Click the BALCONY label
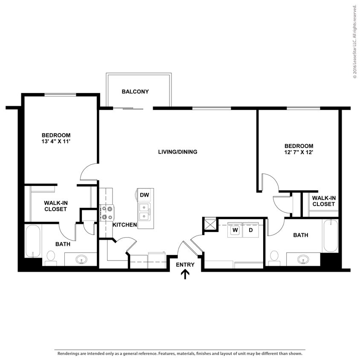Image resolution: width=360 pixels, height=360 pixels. click(135, 91)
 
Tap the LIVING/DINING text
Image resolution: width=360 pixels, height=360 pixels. click(177, 152)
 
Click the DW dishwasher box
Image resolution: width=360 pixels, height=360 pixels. click(144, 195)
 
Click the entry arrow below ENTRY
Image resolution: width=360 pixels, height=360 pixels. click(185, 274)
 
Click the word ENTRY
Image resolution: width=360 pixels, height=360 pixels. click(185, 264)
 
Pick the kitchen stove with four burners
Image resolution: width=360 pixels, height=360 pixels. click(106, 212)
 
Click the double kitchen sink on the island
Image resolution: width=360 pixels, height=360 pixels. click(144, 211)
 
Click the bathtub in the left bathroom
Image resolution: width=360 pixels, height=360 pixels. click(33, 241)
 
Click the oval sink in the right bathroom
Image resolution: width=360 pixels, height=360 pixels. click(303, 259)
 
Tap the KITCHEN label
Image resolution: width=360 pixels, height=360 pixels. click(125, 225)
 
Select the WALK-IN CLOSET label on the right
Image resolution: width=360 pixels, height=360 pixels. click(324, 201)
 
